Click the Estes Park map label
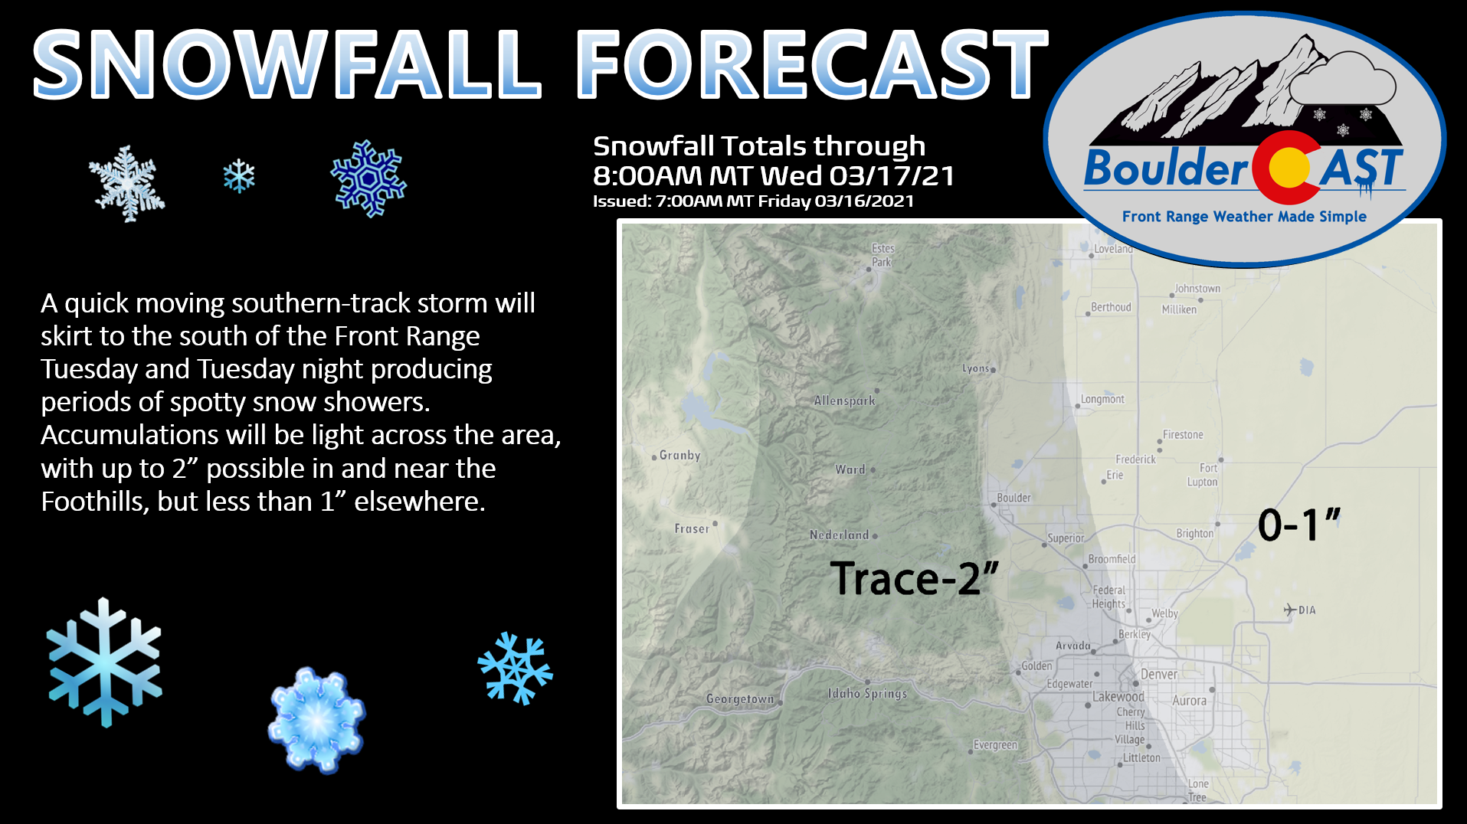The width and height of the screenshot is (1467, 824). (x=882, y=255)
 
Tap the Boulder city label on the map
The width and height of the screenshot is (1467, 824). (x=1013, y=498)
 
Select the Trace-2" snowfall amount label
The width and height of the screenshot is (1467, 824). (x=914, y=578)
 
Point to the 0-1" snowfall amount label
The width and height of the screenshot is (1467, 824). (x=1299, y=525)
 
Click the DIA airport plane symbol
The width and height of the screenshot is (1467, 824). (x=1290, y=610)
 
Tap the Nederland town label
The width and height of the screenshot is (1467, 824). (x=839, y=535)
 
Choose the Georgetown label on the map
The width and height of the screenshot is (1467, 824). (x=740, y=698)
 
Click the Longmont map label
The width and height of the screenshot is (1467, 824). (x=1102, y=399)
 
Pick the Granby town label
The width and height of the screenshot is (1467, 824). (x=680, y=455)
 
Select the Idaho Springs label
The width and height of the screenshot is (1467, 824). (x=867, y=693)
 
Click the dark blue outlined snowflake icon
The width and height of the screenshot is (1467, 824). (x=368, y=178)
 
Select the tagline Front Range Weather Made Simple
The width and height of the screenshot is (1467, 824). (x=1244, y=217)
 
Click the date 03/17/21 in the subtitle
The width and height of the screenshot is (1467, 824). (x=892, y=176)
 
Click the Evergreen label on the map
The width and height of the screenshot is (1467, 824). (x=995, y=745)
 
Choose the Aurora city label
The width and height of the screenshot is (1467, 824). (x=1189, y=701)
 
